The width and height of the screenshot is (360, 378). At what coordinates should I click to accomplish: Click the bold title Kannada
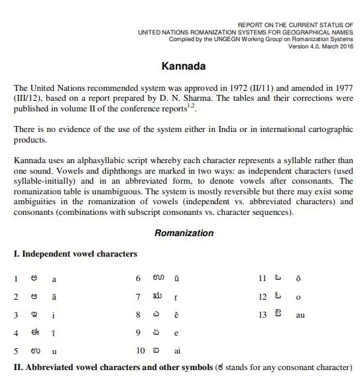click(x=184, y=67)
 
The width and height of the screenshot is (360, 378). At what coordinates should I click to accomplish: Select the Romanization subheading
click(x=184, y=233)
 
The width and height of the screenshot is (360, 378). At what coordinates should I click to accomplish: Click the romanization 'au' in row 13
click(x=300, y=316)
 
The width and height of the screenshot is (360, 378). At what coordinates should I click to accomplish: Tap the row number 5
click(x=16, y=351)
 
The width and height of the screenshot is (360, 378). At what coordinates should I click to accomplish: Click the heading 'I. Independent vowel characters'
click(x=76, y=254)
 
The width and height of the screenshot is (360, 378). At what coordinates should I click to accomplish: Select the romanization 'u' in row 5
click(x=54, y=351)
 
